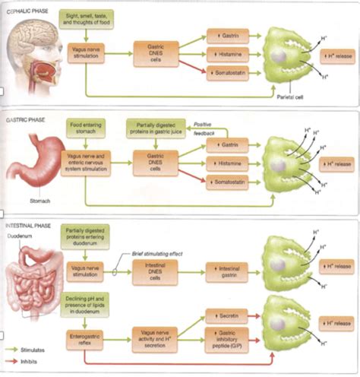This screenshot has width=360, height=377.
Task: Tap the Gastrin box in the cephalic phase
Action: (x=227, y=36)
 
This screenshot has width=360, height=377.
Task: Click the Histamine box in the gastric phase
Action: (x=227, y=163)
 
